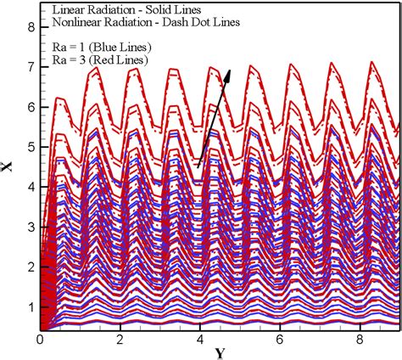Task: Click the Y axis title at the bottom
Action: pyautogui.click(x=220, y=352)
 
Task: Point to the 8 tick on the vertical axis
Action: pyautogui.click(x=31, y=27)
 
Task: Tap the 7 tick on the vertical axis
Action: pyautogui.click(x=31, y=67)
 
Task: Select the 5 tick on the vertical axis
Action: pyautogui.click(x=31, y=147)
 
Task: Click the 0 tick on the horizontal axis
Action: pyautogui.click(x=40, y=338)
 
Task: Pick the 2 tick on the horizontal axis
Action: pyautogui.click(x=120, y=338)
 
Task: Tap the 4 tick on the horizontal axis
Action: pyautogui.click(x=199, y=338)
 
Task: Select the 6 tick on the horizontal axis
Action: pyautogui.click(x=280, y=338)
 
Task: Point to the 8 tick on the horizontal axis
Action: pyautogui.click(x=360, y=338)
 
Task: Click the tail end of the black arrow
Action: pyautogui.click(x=198, y=168)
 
